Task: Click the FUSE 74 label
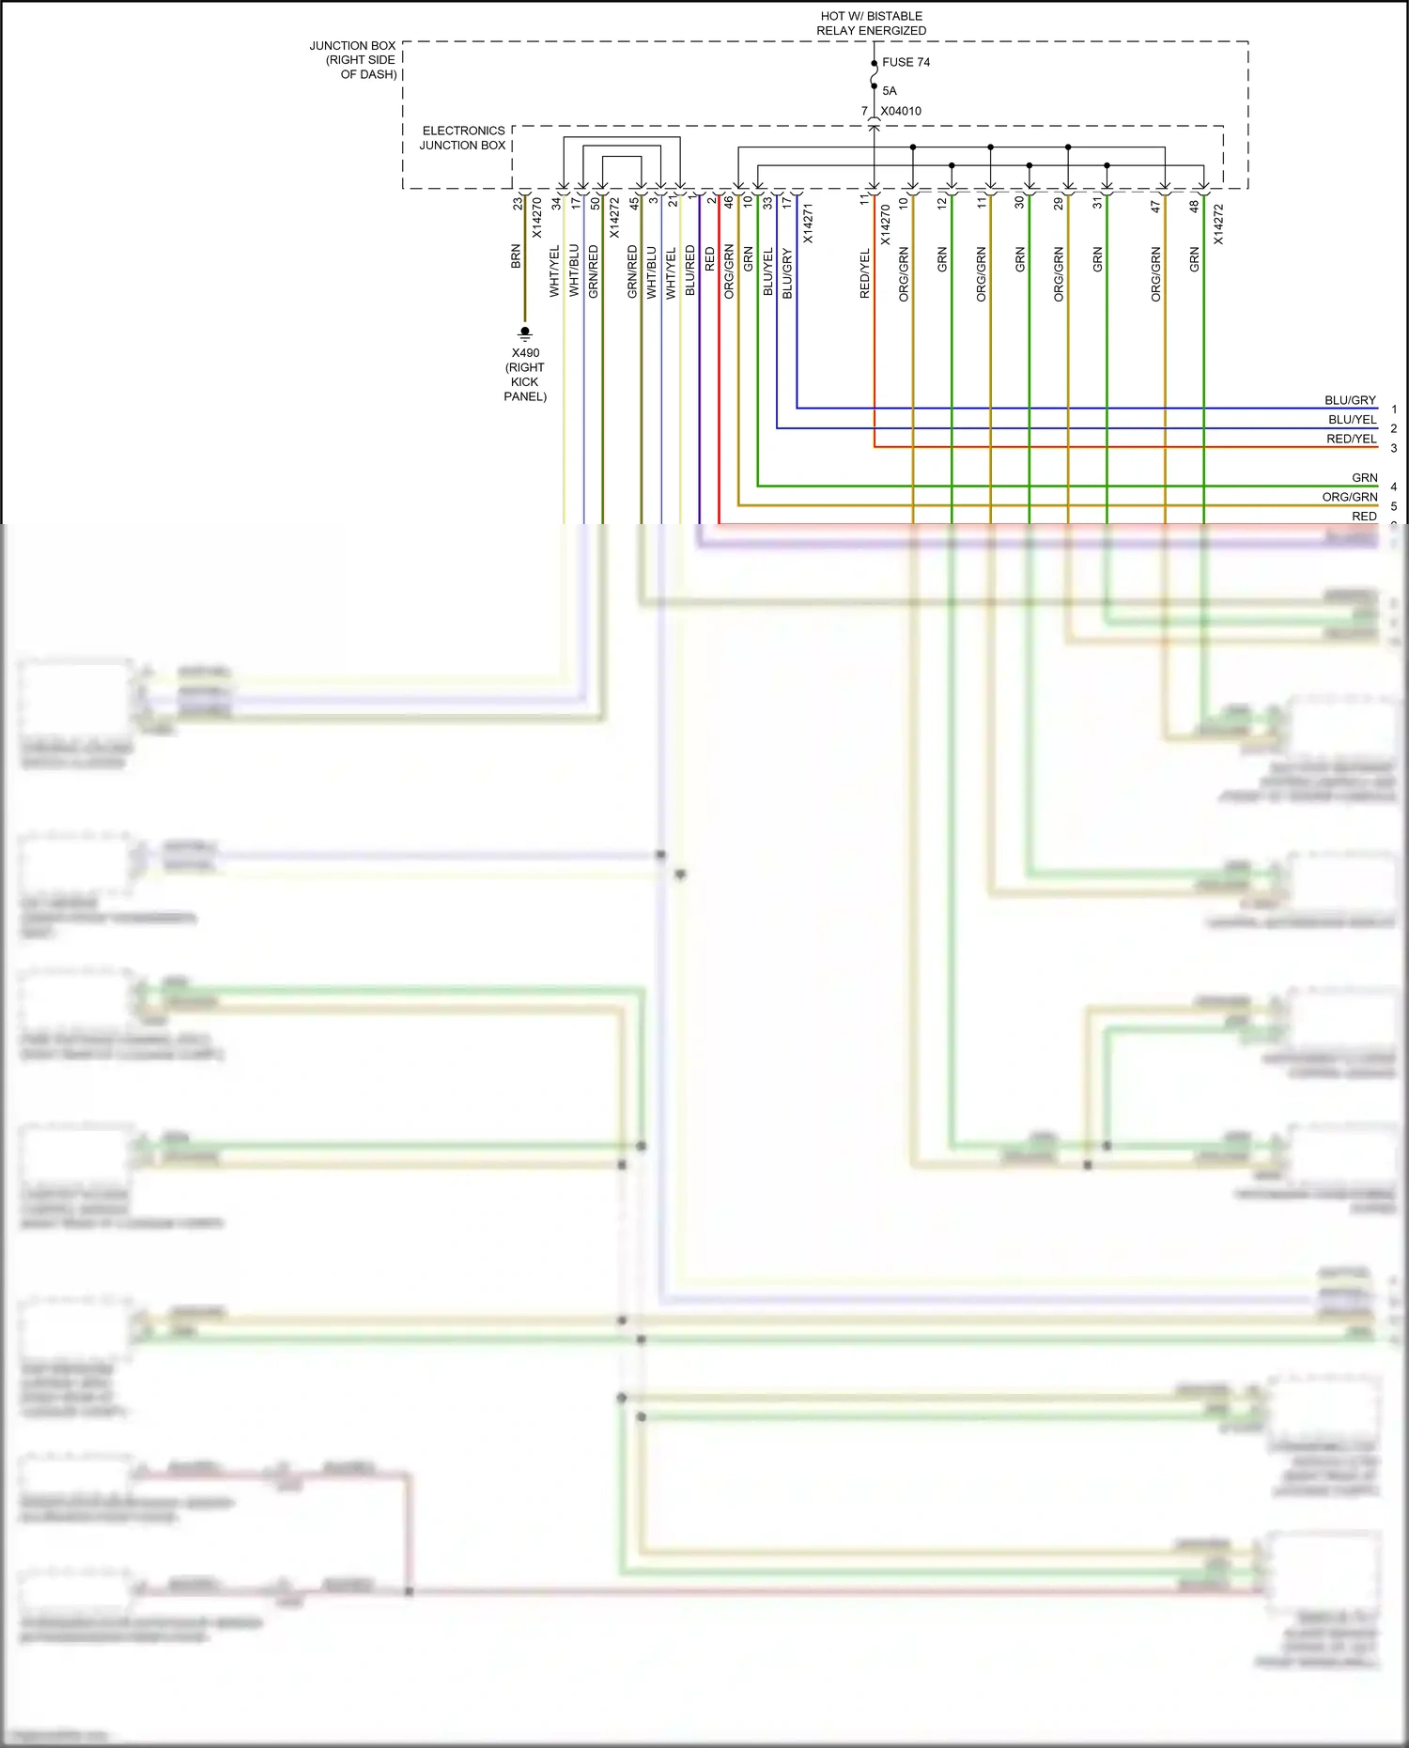coord(906,62)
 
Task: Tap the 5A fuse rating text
coord(890,91)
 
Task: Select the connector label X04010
coord(900,111)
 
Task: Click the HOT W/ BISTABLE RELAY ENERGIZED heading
coord(871,23)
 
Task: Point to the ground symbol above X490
coord(525,333)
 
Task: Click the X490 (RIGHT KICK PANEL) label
coord(525,375)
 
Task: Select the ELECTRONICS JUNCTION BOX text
coord(463,138)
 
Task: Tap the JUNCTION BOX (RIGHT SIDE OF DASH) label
coord(354,59)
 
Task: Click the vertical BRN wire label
coord(516,257)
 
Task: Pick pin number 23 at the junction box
coord(518,203)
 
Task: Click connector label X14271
coord(808,224)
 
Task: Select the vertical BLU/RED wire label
coord(690,271)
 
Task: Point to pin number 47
coord(1155,206)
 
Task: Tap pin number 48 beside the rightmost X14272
coord(1194,206)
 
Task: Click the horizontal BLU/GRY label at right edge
coord(1350,400)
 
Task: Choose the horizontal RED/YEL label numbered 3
coord(1351,439)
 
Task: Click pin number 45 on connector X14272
coord(634,202)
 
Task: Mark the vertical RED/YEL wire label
coord(865,274)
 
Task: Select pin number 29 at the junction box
coord(1059,203)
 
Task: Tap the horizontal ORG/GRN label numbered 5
coord(1349,497)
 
